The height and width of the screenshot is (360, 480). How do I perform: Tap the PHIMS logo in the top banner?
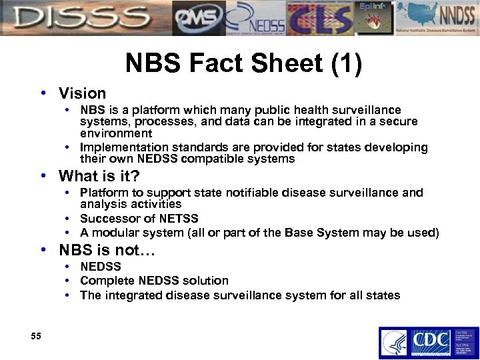point(198,17)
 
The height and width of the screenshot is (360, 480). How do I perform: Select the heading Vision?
point(82,93)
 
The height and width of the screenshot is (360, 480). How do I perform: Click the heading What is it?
point(99,176)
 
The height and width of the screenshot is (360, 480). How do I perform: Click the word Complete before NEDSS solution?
point(107,281)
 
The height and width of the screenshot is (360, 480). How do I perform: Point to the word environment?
point(116,133)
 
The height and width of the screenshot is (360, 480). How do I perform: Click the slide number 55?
point(36,337)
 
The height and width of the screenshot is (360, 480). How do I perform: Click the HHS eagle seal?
point(393,343)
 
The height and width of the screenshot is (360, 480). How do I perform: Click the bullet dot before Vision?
point(43,94)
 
